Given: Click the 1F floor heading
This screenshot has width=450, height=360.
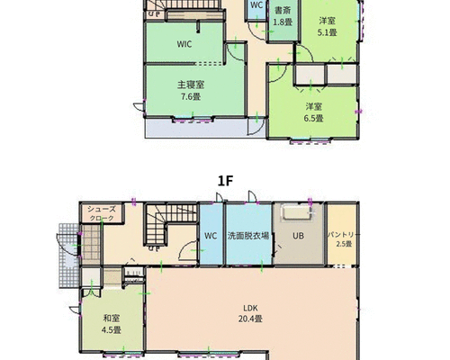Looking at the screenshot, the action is tap(225, 181).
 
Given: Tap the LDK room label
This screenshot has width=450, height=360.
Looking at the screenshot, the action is tap(250, 308).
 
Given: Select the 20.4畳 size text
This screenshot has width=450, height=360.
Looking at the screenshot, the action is tap(250, 319).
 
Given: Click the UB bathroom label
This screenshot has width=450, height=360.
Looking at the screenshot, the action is tap(298, 236).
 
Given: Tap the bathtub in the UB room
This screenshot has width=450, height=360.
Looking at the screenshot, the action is tap(297, 212).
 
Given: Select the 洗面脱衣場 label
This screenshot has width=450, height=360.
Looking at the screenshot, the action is tap(248, 236).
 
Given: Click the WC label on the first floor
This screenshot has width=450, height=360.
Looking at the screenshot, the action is tap(211, 236).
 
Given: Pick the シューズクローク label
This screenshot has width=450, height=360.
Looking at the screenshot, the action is tap(102, 213).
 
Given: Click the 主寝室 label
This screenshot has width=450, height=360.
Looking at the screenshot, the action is tap(191, 85).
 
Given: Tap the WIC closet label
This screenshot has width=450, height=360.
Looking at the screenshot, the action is tap(184, 44).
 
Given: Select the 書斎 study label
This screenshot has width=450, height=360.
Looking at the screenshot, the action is tap(283, 11).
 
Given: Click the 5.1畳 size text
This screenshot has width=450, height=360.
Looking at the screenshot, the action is tap(328, 32).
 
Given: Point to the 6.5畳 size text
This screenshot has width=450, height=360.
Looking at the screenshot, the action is tap(314, 119).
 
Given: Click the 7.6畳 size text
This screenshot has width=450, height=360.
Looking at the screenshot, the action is tap(191, 96).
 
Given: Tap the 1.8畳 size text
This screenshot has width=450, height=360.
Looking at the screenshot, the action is tap(283, 22).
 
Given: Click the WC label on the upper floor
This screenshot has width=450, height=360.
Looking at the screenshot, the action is tap(256, 5).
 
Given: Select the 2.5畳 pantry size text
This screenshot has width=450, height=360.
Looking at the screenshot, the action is tap(344, 244).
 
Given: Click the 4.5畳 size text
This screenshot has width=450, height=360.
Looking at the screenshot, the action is tap(112, 330).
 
